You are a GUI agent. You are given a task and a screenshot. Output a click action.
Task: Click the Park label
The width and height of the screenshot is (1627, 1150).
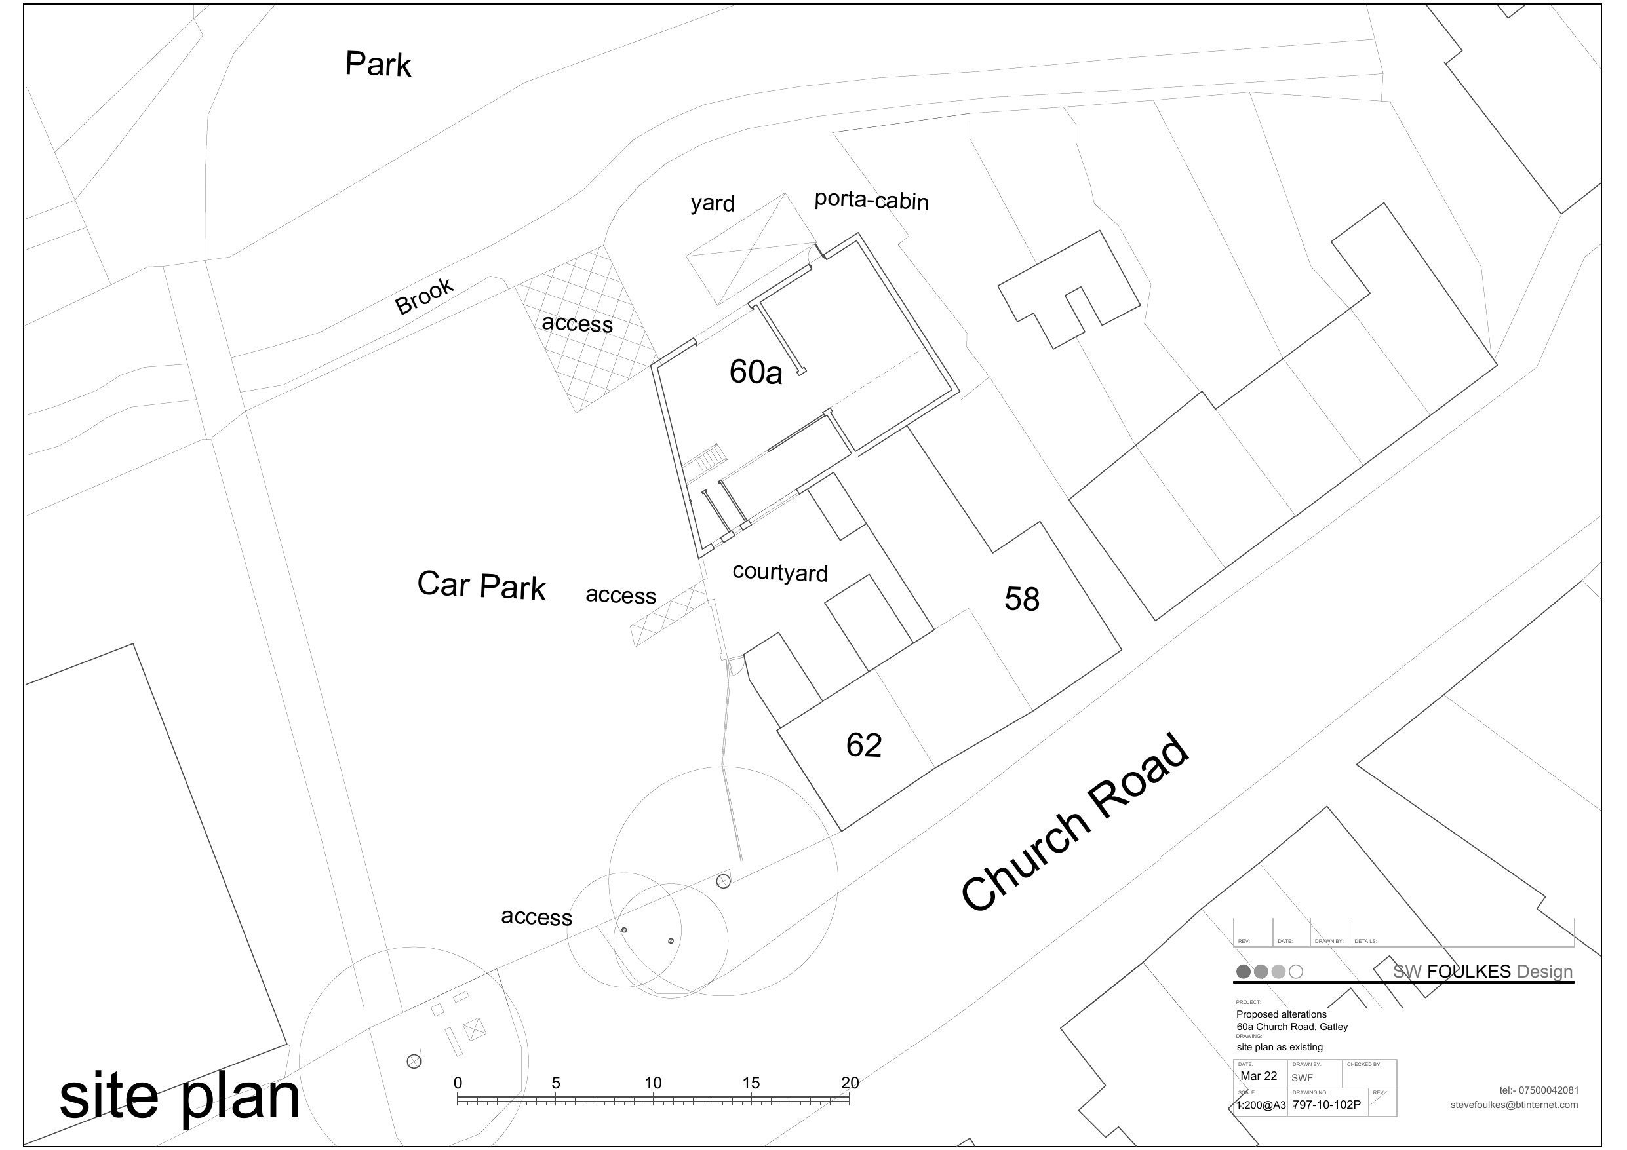click(378, 64)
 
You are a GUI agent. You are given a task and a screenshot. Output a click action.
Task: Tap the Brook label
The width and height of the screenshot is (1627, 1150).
click(423, 296)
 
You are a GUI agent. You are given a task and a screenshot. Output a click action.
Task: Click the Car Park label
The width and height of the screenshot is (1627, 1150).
click(481, 585)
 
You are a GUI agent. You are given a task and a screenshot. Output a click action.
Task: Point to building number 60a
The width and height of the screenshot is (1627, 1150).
click(755, 372)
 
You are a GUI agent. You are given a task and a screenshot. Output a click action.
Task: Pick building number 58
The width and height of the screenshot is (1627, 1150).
click(1022, 600)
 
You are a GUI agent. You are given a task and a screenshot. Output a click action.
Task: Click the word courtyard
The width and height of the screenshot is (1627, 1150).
click(779, 572)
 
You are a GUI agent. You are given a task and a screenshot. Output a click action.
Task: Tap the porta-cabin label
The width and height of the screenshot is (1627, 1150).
click(871, 201)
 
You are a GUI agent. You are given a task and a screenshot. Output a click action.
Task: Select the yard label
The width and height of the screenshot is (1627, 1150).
click(712, 203)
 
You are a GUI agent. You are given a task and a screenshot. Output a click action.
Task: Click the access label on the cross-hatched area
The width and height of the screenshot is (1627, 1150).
click(577, 323)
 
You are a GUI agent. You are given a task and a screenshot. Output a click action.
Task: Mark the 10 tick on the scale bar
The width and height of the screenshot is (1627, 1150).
click(653, 1083)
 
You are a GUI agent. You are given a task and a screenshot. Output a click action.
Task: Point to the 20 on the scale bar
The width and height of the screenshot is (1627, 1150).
click(850, 1083)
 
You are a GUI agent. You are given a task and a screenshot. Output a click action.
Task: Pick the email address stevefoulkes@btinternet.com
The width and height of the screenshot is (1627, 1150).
click(1514, 1105)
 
